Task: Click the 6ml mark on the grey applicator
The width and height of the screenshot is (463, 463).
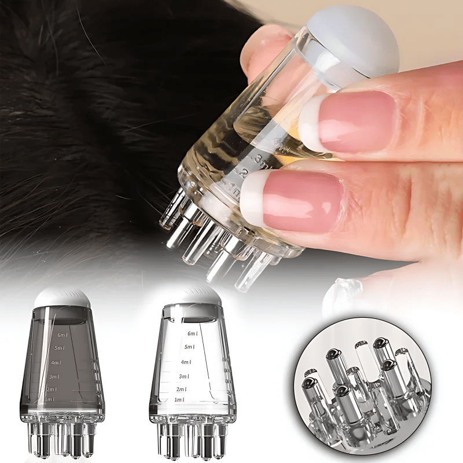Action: point(62,335)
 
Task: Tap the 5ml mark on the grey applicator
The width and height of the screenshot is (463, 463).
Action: point(59,348)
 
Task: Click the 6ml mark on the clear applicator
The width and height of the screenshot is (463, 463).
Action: point(192,334)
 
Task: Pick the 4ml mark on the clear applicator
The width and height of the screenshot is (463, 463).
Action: point(186,362)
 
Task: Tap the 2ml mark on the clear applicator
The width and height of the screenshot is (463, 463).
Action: point(181,389)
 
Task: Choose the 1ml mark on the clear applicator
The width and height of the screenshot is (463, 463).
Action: point(179,400)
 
